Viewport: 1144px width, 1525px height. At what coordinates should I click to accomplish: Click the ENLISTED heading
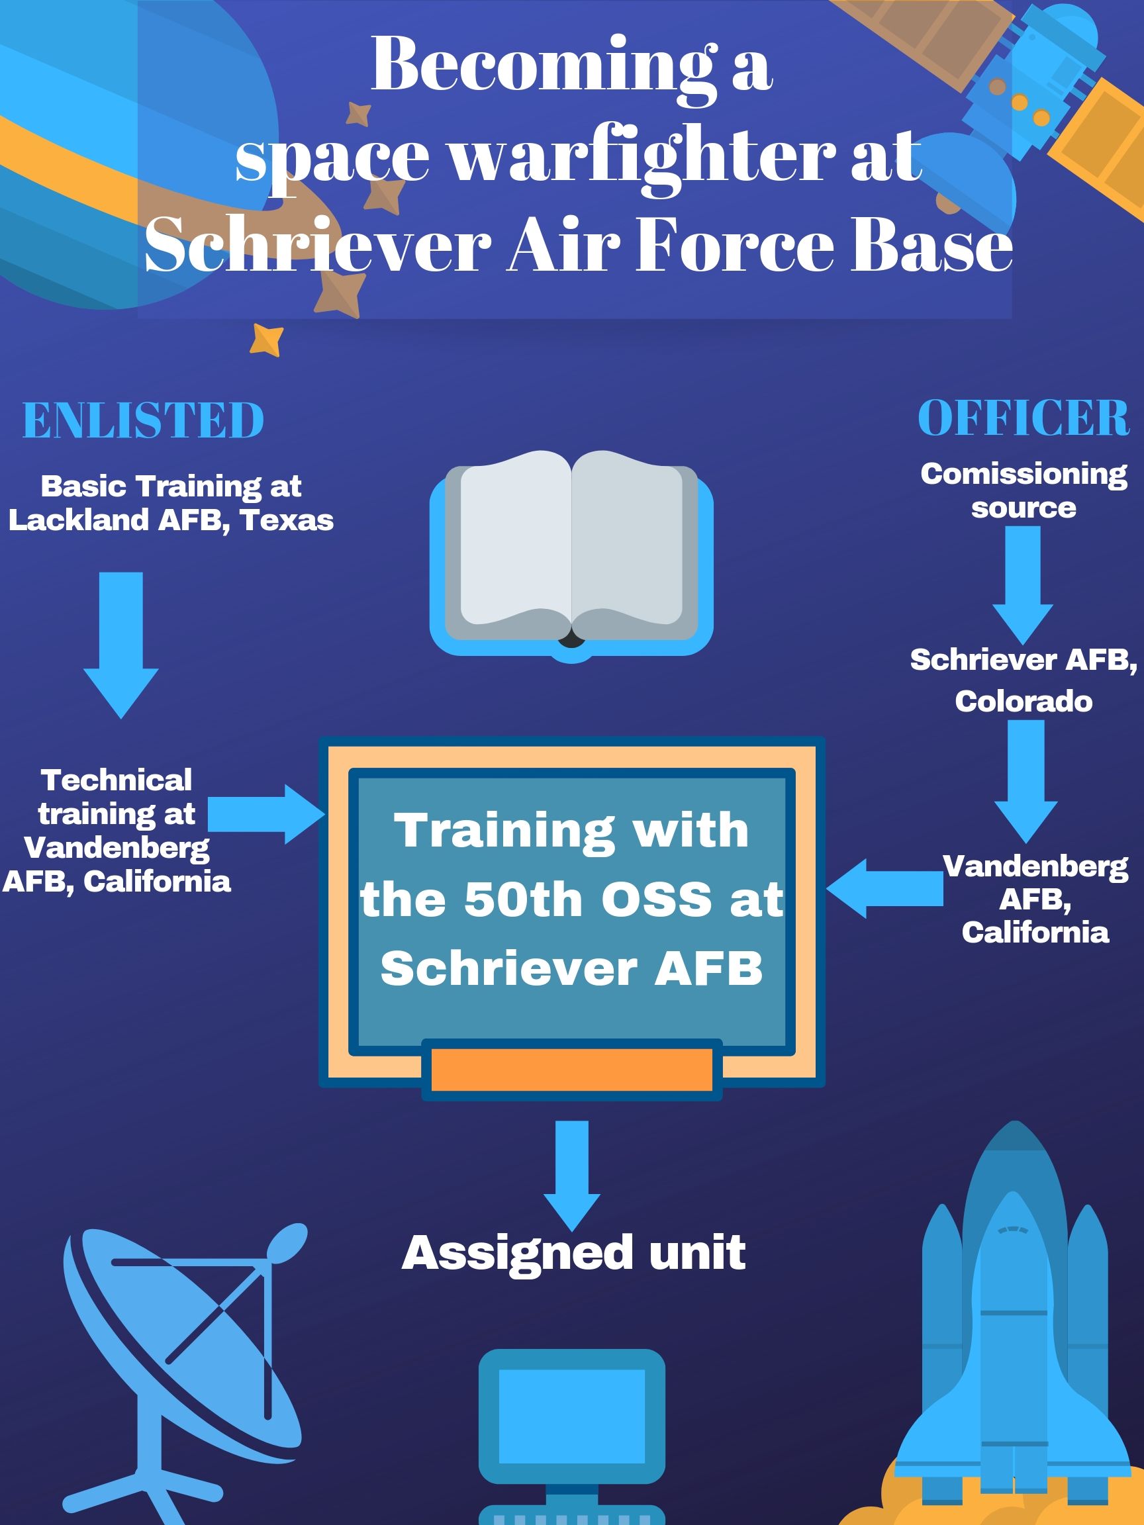(x=144, y=420)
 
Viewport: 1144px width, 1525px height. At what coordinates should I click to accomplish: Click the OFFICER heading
(x=1024, y=418)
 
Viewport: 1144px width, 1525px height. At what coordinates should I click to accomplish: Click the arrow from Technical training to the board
(x=265, y=813)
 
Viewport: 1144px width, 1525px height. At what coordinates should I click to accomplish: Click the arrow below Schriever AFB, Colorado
(x=1025, y=779)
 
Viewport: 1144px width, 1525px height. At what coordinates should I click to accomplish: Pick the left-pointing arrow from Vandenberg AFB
(x=884, y=889)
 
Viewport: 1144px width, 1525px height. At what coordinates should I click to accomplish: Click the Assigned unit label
(x=574, y=1253)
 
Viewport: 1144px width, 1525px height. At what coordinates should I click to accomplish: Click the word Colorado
(x=1024, y=702)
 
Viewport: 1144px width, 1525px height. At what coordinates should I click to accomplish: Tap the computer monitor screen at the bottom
(x=571, y=1414)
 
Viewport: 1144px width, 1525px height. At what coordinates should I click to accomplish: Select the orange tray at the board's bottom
(x=571, y=1070)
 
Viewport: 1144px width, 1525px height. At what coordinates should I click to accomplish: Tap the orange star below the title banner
(x=267, y=339)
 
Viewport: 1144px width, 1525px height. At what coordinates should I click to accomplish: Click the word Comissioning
(x=1024, y=474)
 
